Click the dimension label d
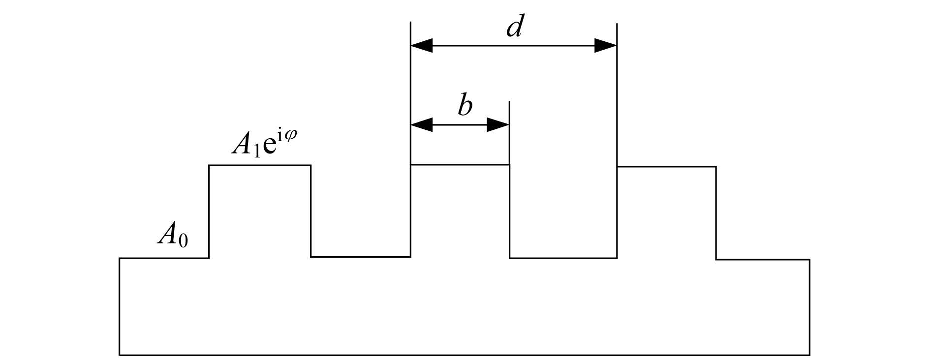tap(514, 27)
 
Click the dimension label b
tap(465, 105)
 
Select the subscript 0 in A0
tap(183, 240)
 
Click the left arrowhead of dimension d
tap(422, 46)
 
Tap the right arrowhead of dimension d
tap(606, 46)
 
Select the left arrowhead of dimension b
tap(422, 125)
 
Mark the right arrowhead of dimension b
tap(498, 125)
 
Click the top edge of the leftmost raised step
tap(260, 165)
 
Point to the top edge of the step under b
tap(460, 164)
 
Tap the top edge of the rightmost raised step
tap(667, 167)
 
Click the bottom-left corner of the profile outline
tap(120, 355)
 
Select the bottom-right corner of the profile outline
tap(809, 355)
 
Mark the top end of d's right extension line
tap(617, 23)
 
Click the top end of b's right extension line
tap(509, 101)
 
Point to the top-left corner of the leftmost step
tap(209, 165)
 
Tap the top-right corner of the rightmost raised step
tap(716, 167)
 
